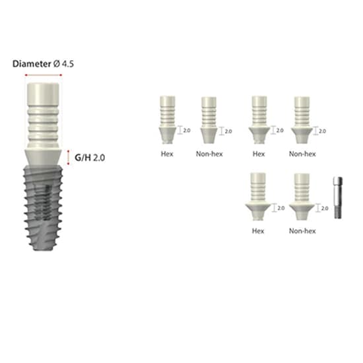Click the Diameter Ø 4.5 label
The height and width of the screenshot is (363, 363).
pos(44,64)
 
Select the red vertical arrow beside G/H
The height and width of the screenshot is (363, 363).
pos(69,156)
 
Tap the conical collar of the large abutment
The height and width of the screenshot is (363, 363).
pos(44,157)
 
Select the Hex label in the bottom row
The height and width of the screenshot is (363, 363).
pos(257,231)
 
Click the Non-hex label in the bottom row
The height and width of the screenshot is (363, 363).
pos(302,231)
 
